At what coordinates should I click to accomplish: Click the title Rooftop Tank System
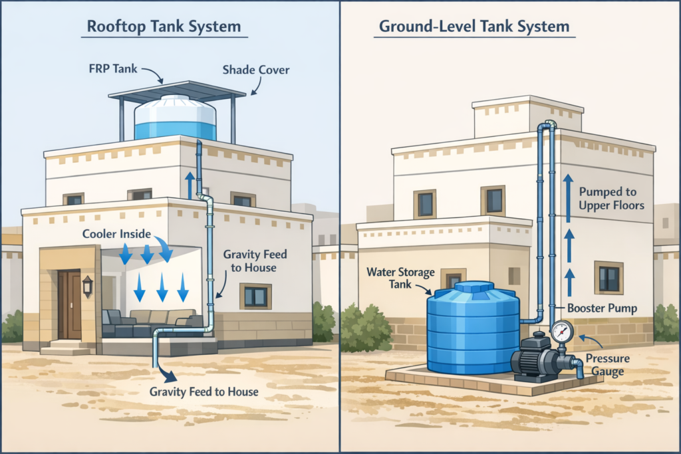[x=164, y=27]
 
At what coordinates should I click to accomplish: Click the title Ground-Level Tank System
[x=474, y=27]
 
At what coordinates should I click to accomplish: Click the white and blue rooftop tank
[x=175, y=118]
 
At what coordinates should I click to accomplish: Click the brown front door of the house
[x=68, y=304]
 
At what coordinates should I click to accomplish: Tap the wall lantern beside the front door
[x=88, y=286]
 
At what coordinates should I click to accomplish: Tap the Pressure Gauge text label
[x=607, y=365]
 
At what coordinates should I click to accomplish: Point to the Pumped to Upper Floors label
[x=611, y=198]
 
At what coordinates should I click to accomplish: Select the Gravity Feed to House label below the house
[x=204, y=391]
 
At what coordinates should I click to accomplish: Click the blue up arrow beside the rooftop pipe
[x=190, y=184]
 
